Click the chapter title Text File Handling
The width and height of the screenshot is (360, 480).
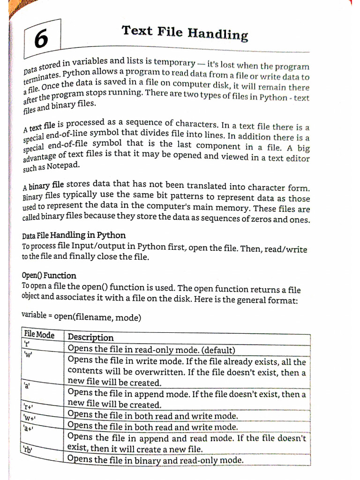tap(184, 32)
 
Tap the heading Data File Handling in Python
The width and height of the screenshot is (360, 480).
tap(74, 235)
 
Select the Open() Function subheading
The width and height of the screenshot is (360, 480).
tap(49, 275)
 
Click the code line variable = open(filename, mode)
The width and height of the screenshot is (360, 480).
tap(81, 316)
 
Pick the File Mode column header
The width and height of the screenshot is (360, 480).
tap(39, 335)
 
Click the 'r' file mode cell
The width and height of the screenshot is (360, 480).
tap(27, 344)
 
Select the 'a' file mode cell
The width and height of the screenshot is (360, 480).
tap(27, 386)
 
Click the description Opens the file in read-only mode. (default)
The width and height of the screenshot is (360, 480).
tap(151, 350)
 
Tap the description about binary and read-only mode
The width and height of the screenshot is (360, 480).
tap(156, 460)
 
